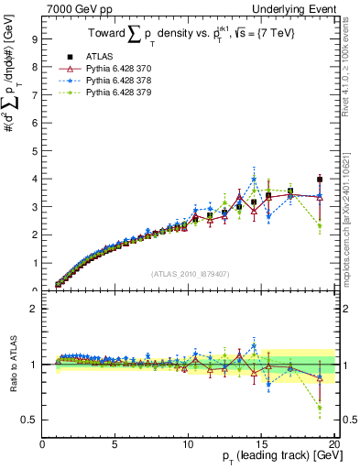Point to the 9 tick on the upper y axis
coord(36,39)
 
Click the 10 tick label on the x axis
coord(189,444)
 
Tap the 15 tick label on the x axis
coord(262,444)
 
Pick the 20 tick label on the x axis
coord(334,444)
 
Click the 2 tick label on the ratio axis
coord(36,309)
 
